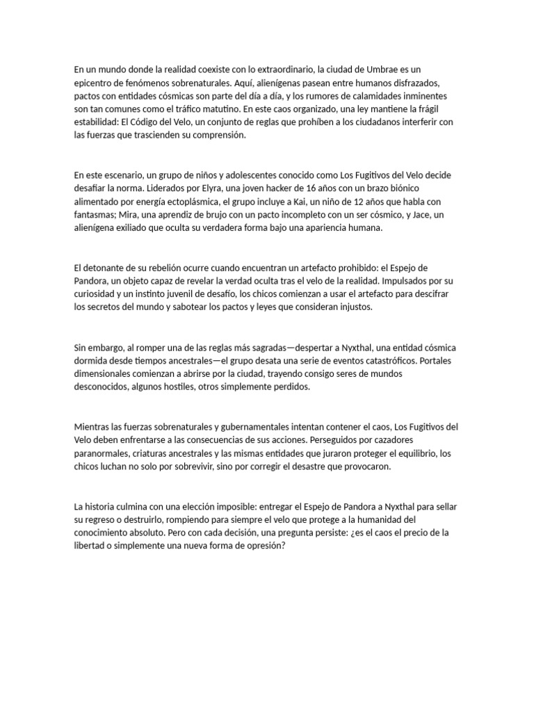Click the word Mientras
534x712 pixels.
pos(93,426)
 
